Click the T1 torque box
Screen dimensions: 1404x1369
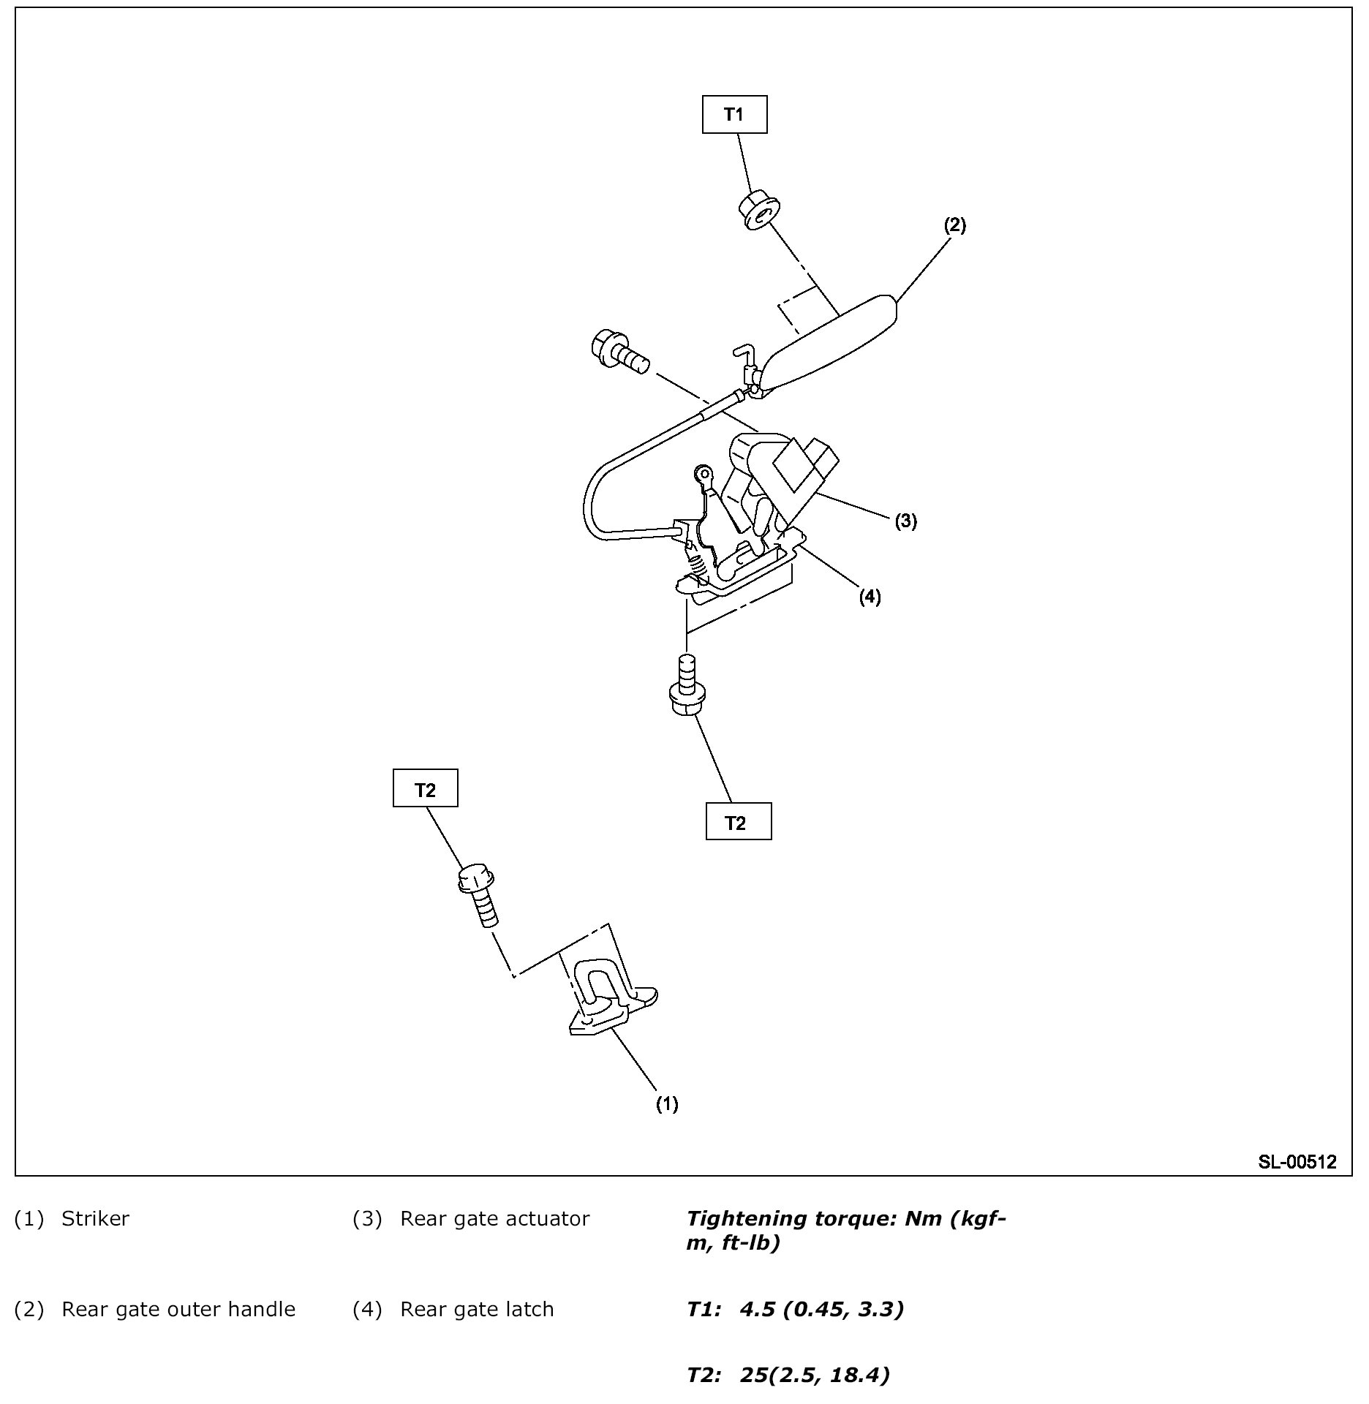734,114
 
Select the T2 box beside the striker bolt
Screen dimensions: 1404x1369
425,788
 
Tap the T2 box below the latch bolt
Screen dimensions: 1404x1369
738,822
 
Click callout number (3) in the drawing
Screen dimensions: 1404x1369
905,521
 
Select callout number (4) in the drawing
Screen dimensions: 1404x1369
870,597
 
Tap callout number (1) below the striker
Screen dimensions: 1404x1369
666,1104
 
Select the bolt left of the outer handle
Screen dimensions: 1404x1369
619,351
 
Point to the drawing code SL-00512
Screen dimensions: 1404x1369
1297,1162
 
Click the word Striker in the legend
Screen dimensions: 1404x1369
95,1219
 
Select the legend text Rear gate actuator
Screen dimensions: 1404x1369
494,1219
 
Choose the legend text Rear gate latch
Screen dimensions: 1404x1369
477,1309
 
